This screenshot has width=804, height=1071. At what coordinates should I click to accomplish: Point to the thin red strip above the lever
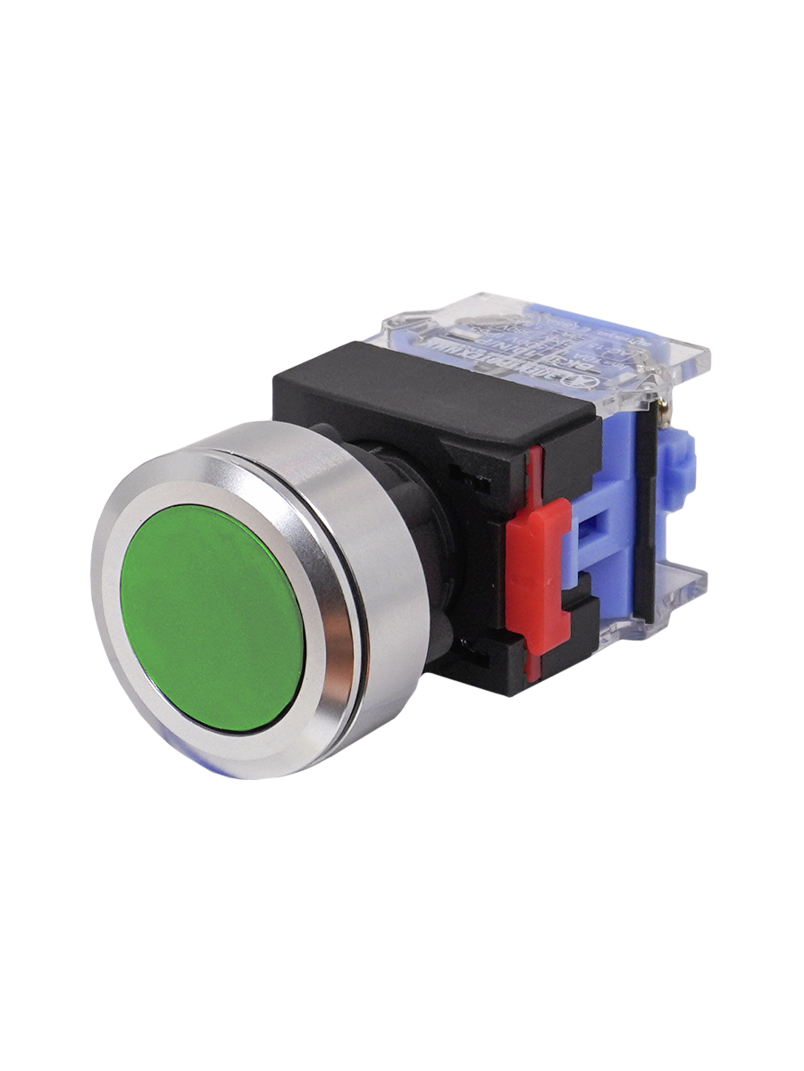(x=535, y=473)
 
